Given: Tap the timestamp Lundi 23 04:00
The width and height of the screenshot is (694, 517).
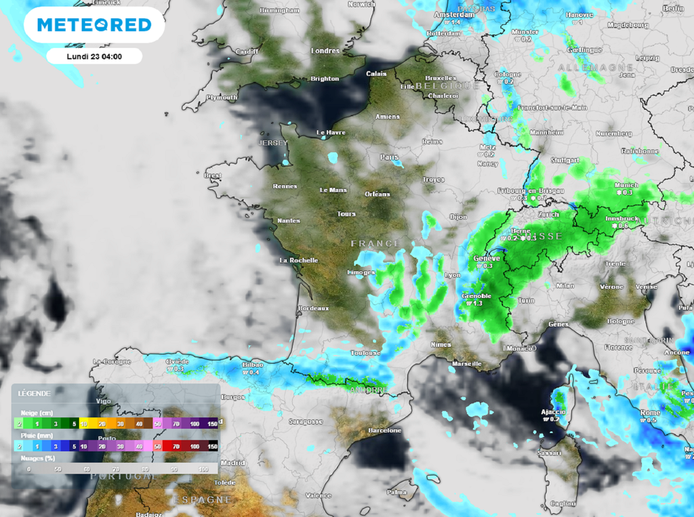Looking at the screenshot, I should (x=94, y=56).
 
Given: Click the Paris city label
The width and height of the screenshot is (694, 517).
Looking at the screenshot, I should (x=389, y=157).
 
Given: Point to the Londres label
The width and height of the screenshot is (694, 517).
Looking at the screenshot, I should (x=325, y=51).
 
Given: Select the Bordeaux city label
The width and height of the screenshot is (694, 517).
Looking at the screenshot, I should (x=313, y=308).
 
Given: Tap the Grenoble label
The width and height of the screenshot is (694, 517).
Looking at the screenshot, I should (x=476, y=296).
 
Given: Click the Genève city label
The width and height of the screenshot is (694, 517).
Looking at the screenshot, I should (x=486, y=258).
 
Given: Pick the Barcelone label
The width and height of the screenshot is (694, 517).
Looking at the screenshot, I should (x=384, y=430).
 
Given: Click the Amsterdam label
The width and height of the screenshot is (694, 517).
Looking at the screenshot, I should (x=454, y=15).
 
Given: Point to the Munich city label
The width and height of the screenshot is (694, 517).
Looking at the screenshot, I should (x=626, y=185).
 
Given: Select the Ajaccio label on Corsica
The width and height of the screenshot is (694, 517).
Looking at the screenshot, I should (x=552, y=412).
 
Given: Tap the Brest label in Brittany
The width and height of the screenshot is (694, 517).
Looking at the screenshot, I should (x=213, y=175).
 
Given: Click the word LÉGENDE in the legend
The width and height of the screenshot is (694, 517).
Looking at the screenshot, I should (x=34, y=393).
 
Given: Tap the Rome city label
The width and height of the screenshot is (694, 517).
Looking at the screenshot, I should (x=650, y=413).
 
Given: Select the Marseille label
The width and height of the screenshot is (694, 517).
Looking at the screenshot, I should (x=466, y=364).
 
